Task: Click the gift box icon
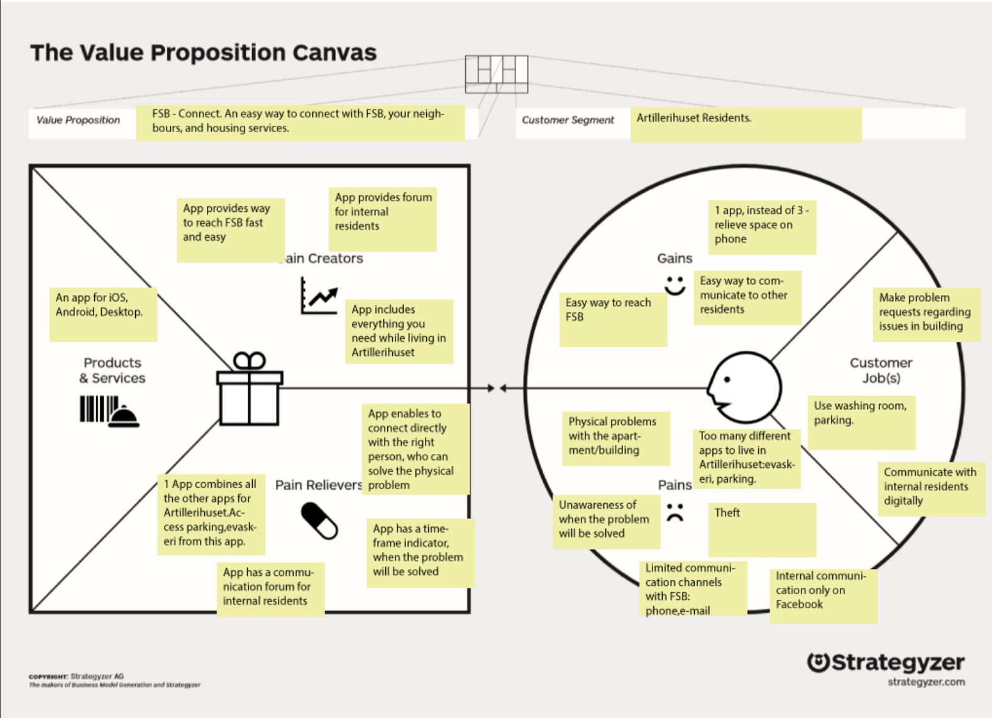click(250, 389)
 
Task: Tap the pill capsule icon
click(319, 521)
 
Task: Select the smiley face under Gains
click(675, 285)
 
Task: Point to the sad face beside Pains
click(675, 512)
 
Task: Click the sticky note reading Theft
click(761, 529)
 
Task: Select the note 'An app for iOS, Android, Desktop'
click(103, 314)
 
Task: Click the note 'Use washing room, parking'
click(861, 422)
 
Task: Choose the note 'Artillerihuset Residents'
click(746, 124)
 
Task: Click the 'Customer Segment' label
click(568, 120)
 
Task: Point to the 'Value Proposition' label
click(78, 120)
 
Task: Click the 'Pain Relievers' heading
click(318, 485)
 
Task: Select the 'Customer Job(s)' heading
click(881, 370)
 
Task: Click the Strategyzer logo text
click(897, 662)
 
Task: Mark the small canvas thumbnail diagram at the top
click(496, 74)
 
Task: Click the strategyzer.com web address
click(925, 682)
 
